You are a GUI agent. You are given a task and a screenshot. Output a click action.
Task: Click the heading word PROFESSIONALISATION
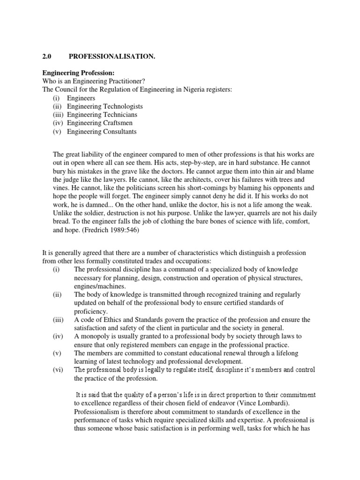(112, 57)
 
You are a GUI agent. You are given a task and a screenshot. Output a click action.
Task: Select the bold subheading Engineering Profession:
(78, 73)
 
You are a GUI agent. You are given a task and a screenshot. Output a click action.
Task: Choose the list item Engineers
(81, 98)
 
